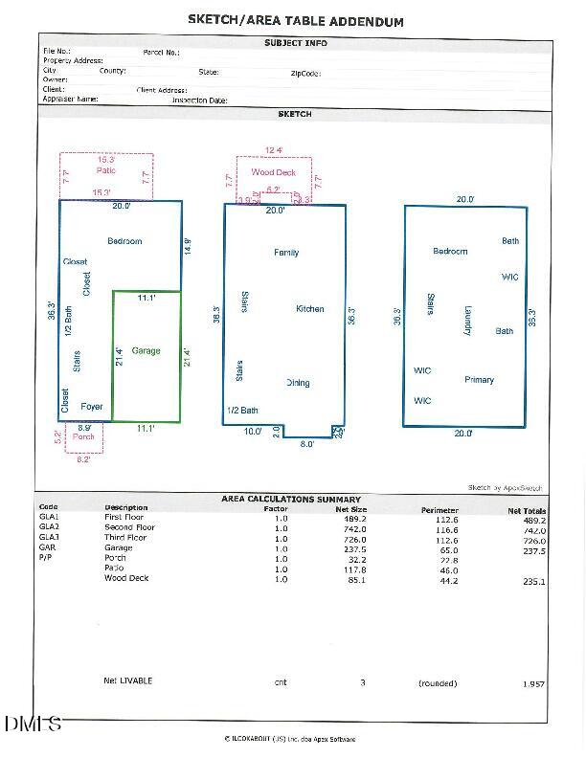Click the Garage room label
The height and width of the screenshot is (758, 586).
tap(146, 351)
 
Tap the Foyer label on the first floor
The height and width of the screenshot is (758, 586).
tap(91, 407)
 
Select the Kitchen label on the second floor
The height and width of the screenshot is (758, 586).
tap(310, 309)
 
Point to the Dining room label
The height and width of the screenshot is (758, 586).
tap(298, 383)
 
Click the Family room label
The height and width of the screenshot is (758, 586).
tap(286, 253)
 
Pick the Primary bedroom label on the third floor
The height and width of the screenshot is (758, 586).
tap(479, 380)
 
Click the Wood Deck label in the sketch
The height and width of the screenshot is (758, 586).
tap(274, 172)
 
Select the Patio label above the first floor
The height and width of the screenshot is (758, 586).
tap(106, 170)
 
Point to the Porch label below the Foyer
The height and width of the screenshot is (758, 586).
tap(84, 436)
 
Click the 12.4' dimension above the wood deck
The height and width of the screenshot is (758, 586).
tap(274, 150)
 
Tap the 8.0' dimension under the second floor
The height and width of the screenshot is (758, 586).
tap(307, 444)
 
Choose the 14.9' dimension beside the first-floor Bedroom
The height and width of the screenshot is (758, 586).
tap(188, 246)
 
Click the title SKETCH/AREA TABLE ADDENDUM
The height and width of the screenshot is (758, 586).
tap(295, 21)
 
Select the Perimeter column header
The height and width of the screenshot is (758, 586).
tap(439, 510)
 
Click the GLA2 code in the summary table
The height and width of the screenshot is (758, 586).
tap(49, 527)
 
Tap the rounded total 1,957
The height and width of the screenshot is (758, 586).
tap(532, 684)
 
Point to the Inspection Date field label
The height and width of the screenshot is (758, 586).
tap(199, 100)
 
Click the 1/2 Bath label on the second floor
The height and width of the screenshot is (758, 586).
tap(242, 411)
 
